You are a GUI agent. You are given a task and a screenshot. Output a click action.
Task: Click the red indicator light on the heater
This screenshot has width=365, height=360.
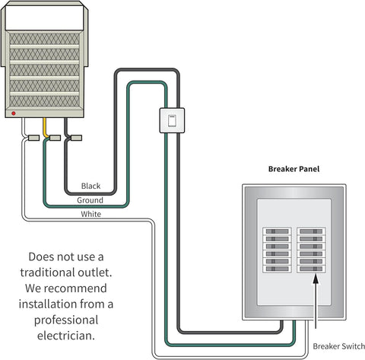(x=14, y=113)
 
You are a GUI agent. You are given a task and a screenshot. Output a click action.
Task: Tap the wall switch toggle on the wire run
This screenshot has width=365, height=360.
(x=172, y=120)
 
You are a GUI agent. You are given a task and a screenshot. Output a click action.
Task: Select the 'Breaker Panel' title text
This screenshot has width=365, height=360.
(x=294, y=169)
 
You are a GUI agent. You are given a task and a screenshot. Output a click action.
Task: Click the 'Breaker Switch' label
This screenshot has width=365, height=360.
(x=338, y=346)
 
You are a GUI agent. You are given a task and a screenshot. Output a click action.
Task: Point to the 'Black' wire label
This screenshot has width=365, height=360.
(x=90, y=186)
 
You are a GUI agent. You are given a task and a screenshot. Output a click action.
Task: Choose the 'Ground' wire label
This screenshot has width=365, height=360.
(x=90, y=200)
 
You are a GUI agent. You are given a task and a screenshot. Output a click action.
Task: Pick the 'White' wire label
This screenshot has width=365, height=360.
(x=91, y=214)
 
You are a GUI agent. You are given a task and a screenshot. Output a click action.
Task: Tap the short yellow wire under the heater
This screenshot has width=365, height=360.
(x=46, y=128)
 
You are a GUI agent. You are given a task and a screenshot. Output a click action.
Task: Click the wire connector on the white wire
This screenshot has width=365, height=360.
(x=33, y=138)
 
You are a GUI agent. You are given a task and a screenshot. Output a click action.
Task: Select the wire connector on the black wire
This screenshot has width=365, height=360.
(x=76, y=138)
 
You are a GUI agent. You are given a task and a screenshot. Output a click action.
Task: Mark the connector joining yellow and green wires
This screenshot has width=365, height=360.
(x=55, y=138)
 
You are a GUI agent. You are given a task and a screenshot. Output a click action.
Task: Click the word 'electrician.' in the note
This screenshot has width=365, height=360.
(x=66, y=336)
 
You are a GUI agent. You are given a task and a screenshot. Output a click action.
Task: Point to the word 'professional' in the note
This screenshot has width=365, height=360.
(x=66, y=320)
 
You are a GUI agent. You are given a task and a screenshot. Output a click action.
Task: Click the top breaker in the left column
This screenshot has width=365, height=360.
(x=277, y=231)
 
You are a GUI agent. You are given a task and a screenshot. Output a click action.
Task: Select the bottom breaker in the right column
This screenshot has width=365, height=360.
(x=311, y=269)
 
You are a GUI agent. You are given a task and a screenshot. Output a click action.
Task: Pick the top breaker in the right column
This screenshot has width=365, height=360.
(x=311, y=231)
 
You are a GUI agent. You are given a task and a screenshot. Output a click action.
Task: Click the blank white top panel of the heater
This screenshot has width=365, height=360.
(x=44, y=18)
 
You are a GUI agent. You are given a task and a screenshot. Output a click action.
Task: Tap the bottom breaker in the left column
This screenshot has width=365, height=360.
(x=277, y=269)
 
